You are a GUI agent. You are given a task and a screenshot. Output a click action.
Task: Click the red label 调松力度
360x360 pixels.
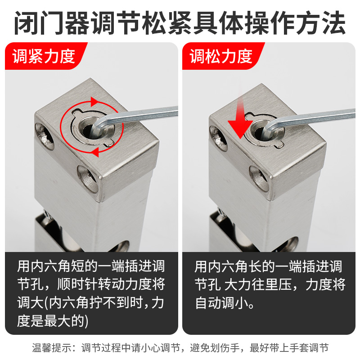(220, 57)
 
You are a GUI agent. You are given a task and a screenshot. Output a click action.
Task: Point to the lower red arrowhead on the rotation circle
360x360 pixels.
(94, 153)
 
